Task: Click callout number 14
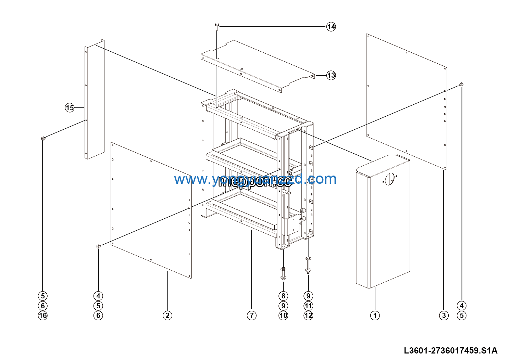tap(331, 27)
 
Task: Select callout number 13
tap(331, 75)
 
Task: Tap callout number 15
tap(70, 108)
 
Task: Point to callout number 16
tap(43, 316)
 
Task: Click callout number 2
tap(167, 316)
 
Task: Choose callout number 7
tap(252, 316)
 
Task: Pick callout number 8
tap(283, 296)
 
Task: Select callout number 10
tap(283, 316)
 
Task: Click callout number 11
tap(308, 306)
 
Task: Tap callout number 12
tap(308, 316)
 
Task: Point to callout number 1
tap(375, 316)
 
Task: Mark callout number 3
tap(444, 316)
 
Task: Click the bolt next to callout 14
tap(217, 26)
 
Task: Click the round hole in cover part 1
tap(389, 179)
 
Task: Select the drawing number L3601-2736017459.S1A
tap(450, 350)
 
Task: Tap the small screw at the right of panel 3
tap(461, 84)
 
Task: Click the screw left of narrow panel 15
tap(43, 138)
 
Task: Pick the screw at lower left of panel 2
tap(99, 246)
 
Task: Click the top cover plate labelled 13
tap(257, 65)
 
